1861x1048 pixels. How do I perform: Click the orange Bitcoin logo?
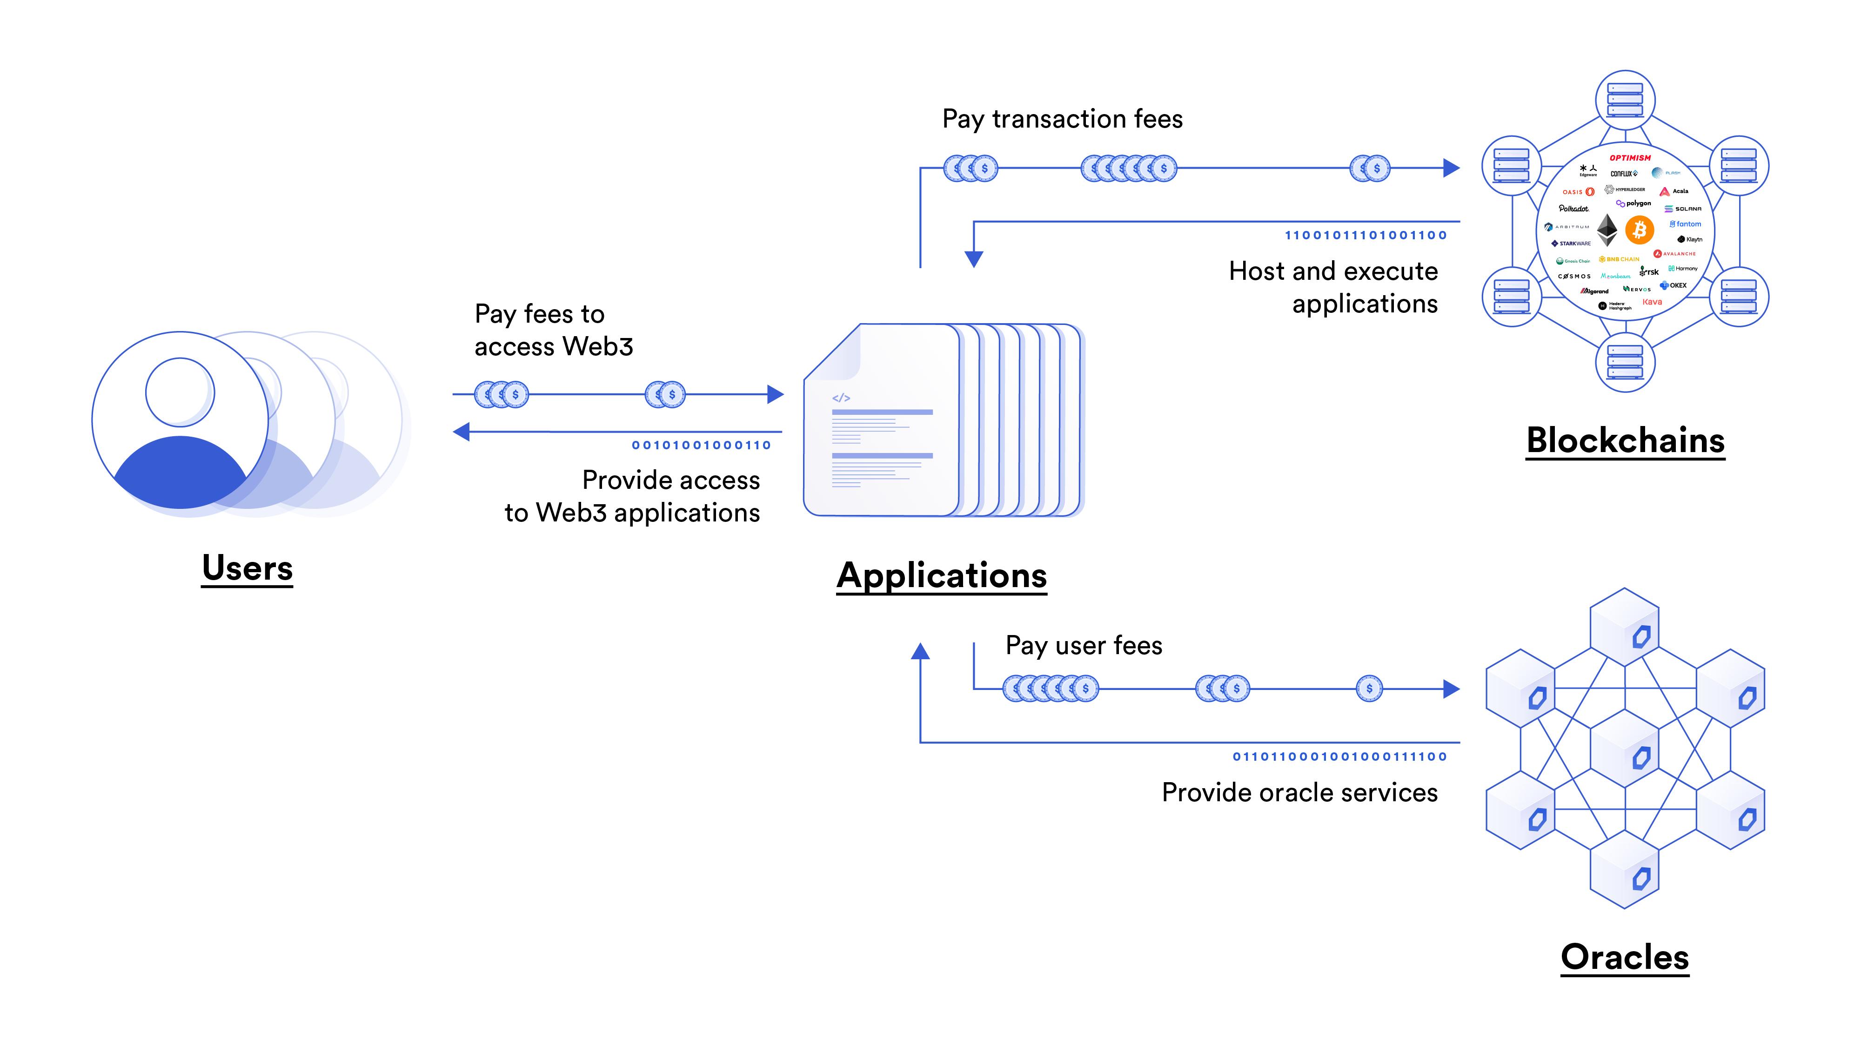pos(1639,230)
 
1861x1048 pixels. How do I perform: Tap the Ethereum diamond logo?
pos(1607,230)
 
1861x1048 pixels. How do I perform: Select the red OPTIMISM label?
pos(1630,157)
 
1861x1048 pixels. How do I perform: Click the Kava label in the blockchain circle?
pos(1652,302)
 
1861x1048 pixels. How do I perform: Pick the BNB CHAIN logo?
pos(1619,259)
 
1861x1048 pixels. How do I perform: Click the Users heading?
pos(247,568)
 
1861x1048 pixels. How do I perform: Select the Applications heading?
pos(941,576)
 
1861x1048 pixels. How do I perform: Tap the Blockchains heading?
pos(1626,441)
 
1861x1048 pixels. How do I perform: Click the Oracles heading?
pos(1625,958)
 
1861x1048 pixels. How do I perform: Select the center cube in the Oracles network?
pos(1625,749)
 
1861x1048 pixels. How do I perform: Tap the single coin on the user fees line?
pos(1369,689)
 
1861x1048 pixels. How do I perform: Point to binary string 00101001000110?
pos(701,445)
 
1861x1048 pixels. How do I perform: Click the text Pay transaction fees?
pos(1062,119)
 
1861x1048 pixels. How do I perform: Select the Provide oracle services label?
pos(1299,793)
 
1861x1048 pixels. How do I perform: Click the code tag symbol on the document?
pos(841,398)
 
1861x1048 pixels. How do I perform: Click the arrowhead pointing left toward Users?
pos(461,432)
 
